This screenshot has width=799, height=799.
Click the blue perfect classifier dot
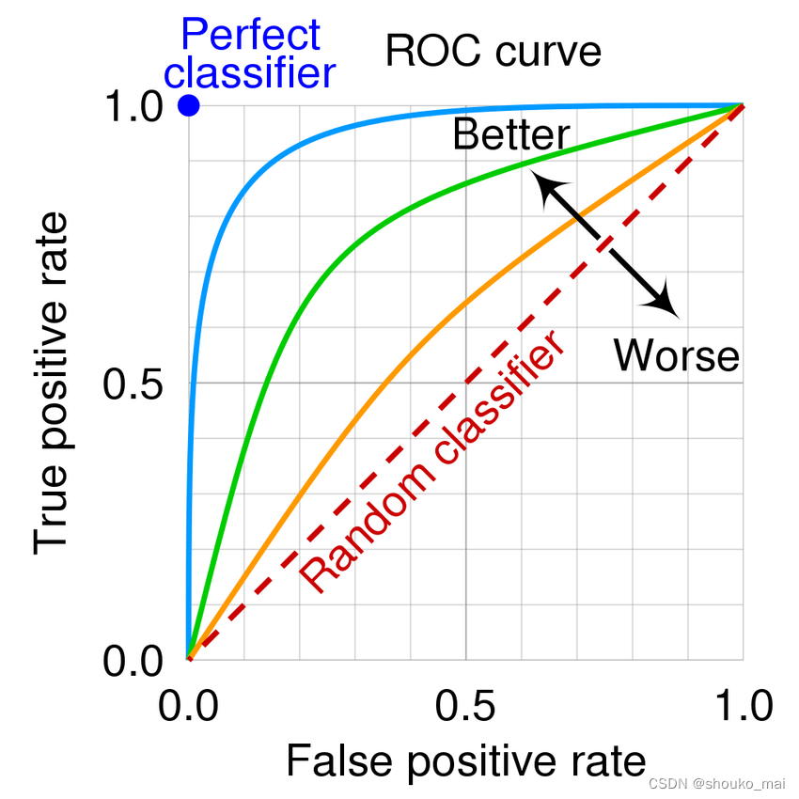189,105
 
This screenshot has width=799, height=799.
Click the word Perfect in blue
250,36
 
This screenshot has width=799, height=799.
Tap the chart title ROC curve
493,51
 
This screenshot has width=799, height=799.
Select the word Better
510,135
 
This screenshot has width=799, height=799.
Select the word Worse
677,355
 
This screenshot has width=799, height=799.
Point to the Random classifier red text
434,462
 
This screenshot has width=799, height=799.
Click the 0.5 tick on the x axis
465,705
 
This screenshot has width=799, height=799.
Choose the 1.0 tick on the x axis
743,705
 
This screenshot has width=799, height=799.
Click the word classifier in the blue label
256,72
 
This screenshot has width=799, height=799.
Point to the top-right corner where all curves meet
743,105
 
